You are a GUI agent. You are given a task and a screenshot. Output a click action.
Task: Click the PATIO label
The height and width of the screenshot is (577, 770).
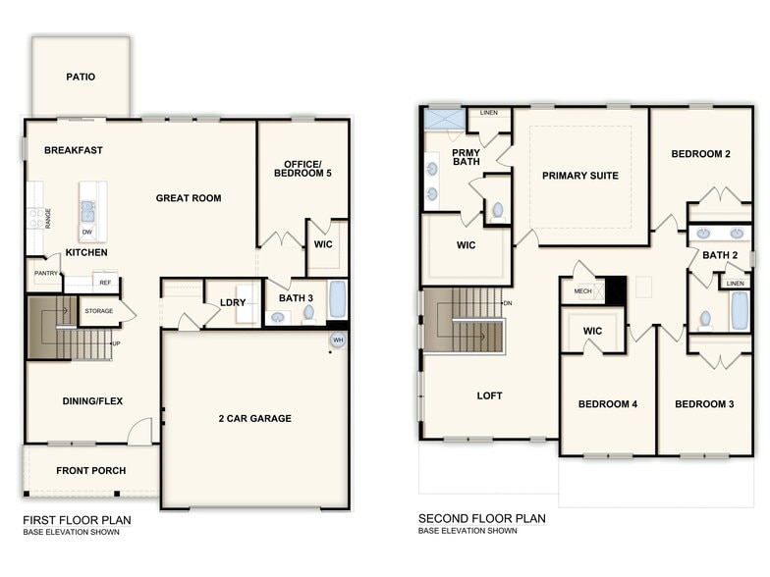[81, 77]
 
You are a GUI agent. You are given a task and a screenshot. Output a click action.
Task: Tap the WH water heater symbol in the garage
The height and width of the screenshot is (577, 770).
[337, 341]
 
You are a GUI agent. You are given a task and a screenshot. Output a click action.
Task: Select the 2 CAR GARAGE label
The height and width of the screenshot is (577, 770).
[254, 419]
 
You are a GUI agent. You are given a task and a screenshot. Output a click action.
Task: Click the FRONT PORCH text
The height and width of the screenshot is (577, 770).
[90, 471]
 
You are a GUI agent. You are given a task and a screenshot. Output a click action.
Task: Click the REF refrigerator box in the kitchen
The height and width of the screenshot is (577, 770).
[105, 283]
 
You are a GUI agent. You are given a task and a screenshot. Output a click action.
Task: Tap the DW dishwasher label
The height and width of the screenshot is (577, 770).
[87, 232]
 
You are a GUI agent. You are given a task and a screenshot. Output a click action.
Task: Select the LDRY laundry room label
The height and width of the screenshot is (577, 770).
[233, 302]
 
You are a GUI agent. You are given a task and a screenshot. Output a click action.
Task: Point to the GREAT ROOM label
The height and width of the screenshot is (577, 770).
[189, 198]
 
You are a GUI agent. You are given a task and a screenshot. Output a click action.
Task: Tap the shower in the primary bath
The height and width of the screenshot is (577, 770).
[442, 120]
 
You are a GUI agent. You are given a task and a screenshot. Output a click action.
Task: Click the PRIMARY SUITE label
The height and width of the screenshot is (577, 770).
[580, 176]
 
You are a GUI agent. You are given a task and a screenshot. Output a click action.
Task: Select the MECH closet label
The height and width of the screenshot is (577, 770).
[582, 291]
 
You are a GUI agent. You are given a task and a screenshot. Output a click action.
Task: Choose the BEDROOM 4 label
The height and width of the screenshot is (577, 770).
[607, 404]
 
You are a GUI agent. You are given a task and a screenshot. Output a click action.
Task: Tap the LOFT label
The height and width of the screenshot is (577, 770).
[489, 396]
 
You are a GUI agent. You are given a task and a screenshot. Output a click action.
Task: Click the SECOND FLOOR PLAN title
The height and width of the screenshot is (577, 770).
[481, 519]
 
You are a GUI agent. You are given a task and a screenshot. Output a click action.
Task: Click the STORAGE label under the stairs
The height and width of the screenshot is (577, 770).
[98, 311]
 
